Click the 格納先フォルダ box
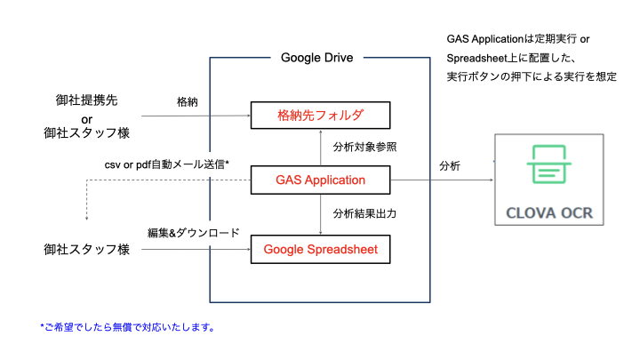click(x=320, y=116)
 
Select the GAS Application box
click(x=320, y=180)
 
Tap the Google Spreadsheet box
click(x=320, y=250)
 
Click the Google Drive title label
click(x=316, y=58)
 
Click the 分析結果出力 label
click(x=364, y=213)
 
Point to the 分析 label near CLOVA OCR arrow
click(x=450, y=166)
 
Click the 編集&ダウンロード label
click(x=193, y=234)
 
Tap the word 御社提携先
click(x=86, y=100)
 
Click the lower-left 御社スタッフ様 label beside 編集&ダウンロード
click(x=86, y=250)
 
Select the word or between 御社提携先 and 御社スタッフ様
click(x=86, y=117)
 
